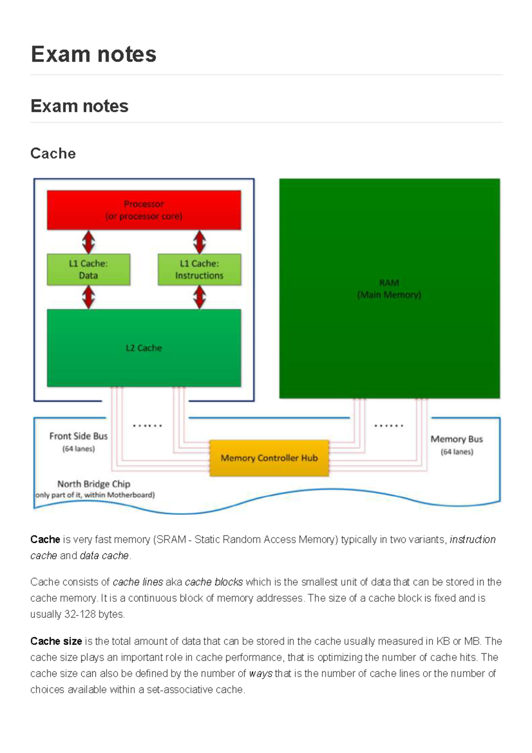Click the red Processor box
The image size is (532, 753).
pos(144,210)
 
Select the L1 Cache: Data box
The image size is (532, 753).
pos(88,270)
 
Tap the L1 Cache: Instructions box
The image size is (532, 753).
pos(199,270)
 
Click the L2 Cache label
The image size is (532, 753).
pos(144,348)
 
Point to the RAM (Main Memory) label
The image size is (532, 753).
pos(389,289)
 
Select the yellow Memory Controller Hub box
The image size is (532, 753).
pos(269,458)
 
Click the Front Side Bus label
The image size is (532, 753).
pos(78,436)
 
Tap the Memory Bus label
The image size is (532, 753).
pos(457,439)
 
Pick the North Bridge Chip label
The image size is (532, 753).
pos(94,484)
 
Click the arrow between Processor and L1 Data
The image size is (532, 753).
pos(89,242)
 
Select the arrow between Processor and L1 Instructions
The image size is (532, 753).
pos(199,242)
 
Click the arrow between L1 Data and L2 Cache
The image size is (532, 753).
pos(89,297)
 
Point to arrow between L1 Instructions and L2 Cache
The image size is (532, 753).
pos(199,297)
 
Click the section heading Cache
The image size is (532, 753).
pos(53,153)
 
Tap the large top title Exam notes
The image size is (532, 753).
pos(94,54)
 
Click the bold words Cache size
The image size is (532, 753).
pos(56,641)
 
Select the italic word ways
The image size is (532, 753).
pos(261,674)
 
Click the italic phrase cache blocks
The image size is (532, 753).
pos(214,582)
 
